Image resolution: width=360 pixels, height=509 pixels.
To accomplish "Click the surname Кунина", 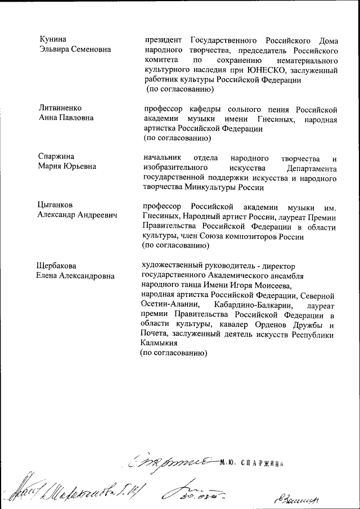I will pyautogui.click(x=53, y=39).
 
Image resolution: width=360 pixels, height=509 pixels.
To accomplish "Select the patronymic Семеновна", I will pyautogui.click(x=88, y=49).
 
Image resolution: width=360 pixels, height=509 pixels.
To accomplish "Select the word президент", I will pyautogui.click(x=163, y=40).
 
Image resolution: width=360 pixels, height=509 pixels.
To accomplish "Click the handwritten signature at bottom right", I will pyautogui.click(x=295, y=496).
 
